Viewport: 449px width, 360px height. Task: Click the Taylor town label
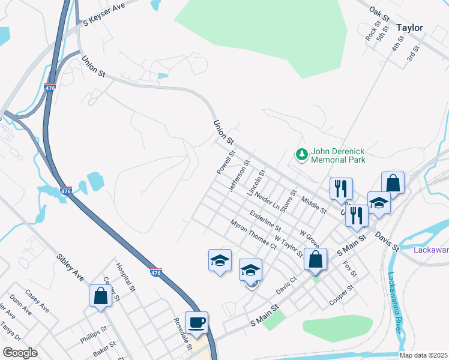tap(409, 28)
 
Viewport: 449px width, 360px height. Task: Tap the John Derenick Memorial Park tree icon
tap(301, 155)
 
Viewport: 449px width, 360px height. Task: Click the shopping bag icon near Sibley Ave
tap(100, 296)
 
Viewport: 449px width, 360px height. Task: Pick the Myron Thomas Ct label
tap(253, 235)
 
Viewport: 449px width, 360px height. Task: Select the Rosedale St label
tap(182, 334)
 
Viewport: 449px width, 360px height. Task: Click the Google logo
tap(20, 353)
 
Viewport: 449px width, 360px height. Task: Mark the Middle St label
tap(314, 205)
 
